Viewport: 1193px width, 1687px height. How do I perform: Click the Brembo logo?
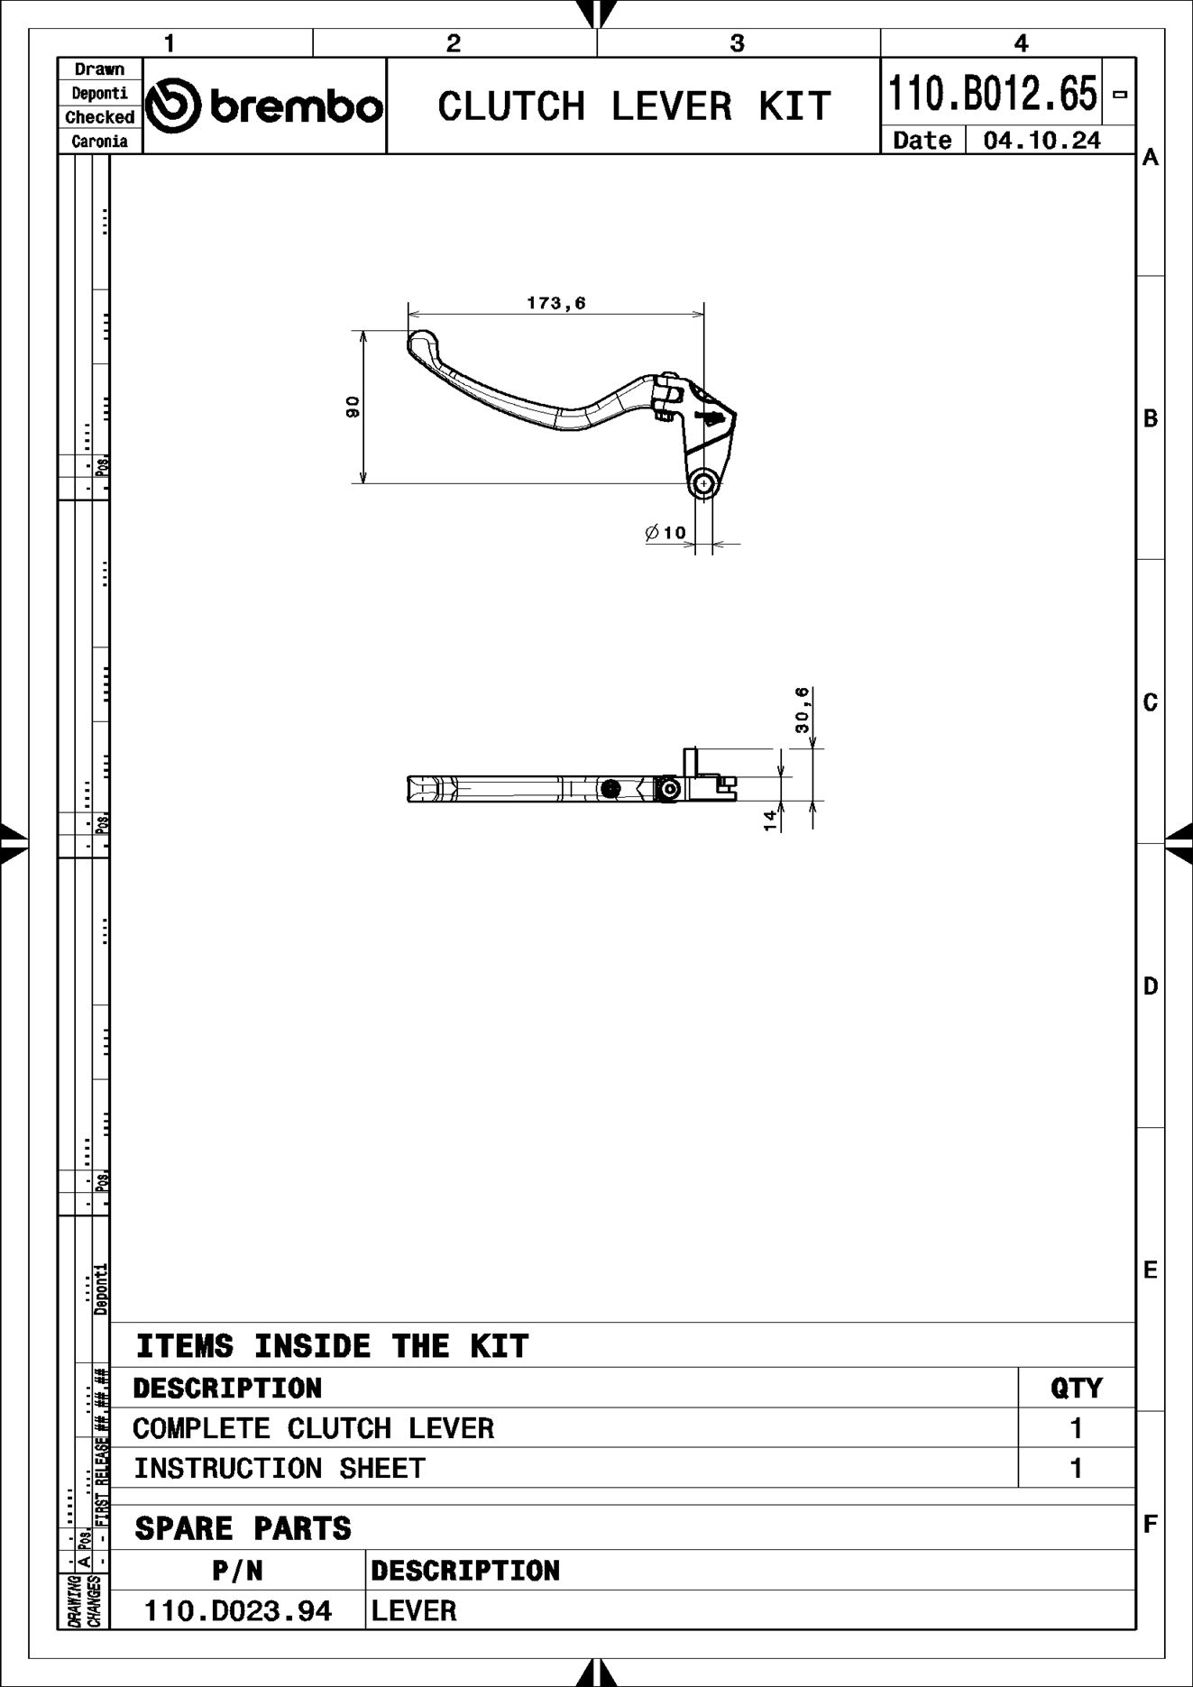[264, 106]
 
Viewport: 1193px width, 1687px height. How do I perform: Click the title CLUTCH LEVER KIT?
[633, 106]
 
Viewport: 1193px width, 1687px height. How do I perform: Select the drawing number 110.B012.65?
[993, 94]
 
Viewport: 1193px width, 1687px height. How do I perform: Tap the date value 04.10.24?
[1042, 141]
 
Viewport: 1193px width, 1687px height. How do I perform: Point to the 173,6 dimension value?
[555, 303]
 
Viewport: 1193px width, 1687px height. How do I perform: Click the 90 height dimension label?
[353, 407]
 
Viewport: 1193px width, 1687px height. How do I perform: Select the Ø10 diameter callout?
[666, 533]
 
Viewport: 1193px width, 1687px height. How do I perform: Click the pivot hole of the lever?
[703, 484]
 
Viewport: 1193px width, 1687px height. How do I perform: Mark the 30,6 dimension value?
[803, 710]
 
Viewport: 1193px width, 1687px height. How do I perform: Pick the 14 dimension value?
[770, 820]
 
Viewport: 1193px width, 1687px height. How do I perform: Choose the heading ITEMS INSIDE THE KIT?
[332, 1346]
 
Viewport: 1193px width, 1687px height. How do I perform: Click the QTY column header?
[1076, 1388]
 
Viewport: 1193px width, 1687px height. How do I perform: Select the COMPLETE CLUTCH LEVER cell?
[313, 1428]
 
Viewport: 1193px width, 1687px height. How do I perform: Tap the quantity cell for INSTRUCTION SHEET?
[1076, 1469]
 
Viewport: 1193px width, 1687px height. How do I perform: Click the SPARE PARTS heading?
[243, 1528]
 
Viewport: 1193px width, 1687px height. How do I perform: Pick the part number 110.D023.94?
[238, 1610]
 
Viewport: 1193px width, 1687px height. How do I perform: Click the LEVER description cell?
[414, 1610]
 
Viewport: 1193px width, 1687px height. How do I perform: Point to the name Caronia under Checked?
[99, 142]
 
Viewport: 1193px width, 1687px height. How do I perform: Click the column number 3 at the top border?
[738, 43]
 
